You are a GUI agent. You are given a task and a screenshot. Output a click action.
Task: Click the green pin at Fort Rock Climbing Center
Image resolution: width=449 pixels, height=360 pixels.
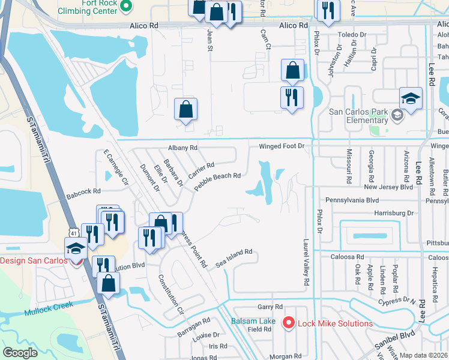click(x=125, y=7)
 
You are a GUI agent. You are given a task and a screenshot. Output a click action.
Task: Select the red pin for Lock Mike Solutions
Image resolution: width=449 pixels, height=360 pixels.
click(x=289, y=323)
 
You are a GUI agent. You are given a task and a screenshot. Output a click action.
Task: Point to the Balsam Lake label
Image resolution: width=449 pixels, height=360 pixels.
click(x=253, y=321)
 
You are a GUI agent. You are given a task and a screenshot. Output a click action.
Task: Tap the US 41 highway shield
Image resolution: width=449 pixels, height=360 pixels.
click(x=73, y=232)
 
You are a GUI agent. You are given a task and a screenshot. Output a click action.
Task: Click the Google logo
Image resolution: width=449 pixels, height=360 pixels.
click(x=20, y=353)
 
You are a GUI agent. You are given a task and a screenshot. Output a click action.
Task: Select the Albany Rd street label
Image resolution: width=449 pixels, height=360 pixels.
click(x=182, y=148)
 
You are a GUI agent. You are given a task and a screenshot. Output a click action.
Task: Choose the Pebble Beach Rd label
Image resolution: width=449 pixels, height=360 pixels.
click(x=217, y=181)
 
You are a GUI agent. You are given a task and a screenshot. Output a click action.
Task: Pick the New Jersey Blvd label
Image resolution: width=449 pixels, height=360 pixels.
click(x=388, y=187)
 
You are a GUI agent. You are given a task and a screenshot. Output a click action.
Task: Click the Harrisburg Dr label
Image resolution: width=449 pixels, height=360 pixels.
click(x=393, y=213)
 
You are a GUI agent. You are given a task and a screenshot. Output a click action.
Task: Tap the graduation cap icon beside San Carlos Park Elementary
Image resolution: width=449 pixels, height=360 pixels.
click(x=411, y=98)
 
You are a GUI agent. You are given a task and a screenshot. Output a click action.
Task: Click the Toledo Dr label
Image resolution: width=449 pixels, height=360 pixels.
click(x=351, y=35)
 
